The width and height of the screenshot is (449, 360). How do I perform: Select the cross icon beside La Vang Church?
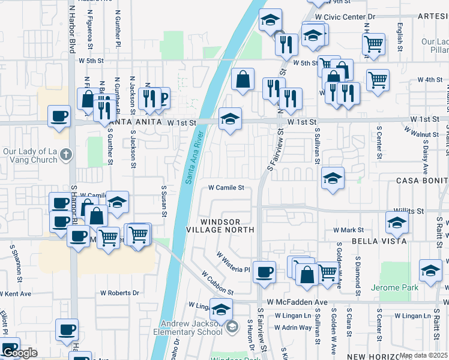pyautogui.click(x=66, y=155)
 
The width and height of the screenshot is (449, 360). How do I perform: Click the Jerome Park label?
pyautogui.click(x=394, y=288)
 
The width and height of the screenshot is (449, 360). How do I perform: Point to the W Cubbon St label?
pyautogui.click(x=213, y=283)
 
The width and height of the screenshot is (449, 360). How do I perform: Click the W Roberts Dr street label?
pyautogui.click(x=119, y=293)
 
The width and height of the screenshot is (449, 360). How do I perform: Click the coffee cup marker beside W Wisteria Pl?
pyautogui.click(x=264, y=273)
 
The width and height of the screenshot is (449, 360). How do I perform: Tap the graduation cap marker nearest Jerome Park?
pyautogui.click(x=430, y=271)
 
